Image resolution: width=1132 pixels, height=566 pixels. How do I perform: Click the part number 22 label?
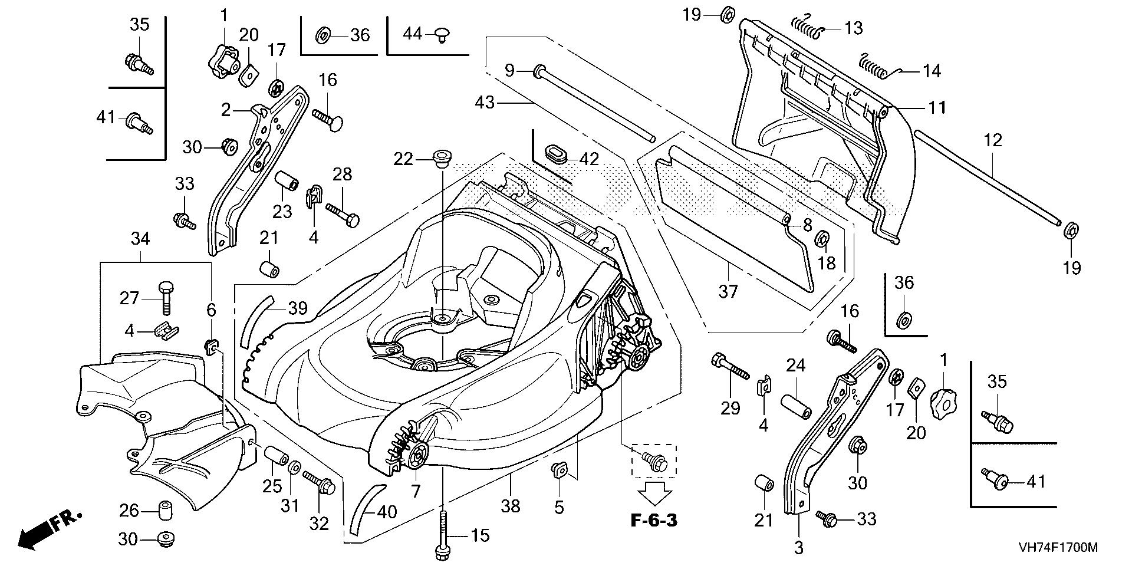point(404,159)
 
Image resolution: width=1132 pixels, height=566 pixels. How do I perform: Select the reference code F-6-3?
point(654,521)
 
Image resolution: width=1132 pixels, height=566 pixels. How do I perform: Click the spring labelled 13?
point(806,27)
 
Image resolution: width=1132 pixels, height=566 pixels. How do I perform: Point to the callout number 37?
point(728,291)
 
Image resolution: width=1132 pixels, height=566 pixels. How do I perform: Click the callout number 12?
point(993,141)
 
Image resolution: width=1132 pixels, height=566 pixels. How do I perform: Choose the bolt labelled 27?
point(164,297)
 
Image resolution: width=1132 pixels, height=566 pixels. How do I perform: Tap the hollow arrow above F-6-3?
point(654,492)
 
